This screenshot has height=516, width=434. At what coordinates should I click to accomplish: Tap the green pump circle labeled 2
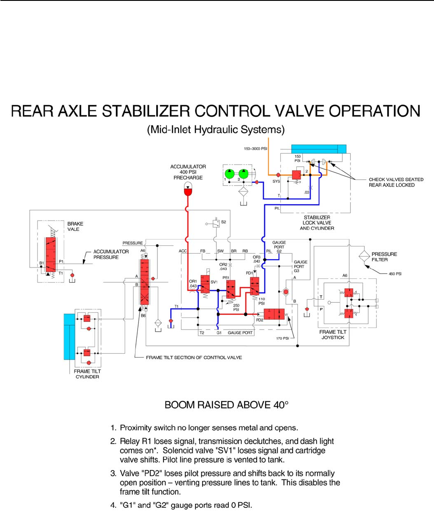tap(243, 174)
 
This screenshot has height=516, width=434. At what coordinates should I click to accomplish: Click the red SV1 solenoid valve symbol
tap(208, 284)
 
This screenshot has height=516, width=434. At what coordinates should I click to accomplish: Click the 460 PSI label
tap(395, 274)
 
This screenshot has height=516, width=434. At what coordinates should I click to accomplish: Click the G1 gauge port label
tap(219, 333)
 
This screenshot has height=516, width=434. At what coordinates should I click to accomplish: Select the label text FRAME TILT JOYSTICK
tap(333, 335)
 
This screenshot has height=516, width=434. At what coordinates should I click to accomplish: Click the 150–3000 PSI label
tap(255, 149)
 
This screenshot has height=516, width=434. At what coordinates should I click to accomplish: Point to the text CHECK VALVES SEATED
tap(396, 179)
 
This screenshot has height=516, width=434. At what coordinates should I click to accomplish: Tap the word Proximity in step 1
tap(135, 428)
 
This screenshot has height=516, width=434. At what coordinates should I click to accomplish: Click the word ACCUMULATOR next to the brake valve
tap(111, 252)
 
